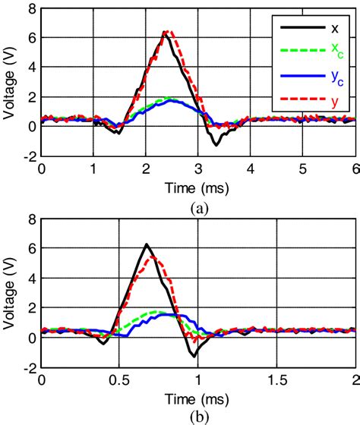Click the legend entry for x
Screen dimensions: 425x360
pos(312,29)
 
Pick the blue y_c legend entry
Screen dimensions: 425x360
pos(312,74)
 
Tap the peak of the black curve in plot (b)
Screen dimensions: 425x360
pos(147,244)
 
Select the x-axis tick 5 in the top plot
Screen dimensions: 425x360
pos(302,170)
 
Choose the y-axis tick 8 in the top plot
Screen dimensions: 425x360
pos(30,10)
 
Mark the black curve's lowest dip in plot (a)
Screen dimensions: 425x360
pos(216,145)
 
